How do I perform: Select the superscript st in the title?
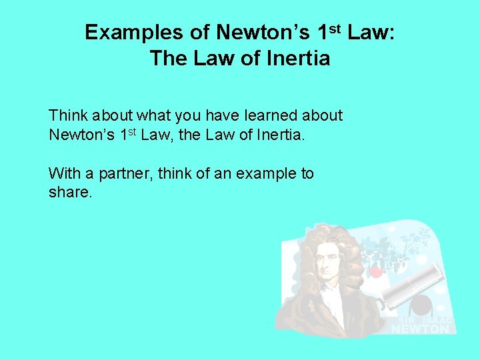coord(334,27)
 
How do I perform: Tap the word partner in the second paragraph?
coord(123,174)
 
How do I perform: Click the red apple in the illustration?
coord(375,271)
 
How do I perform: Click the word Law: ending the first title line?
coord(371,32)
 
